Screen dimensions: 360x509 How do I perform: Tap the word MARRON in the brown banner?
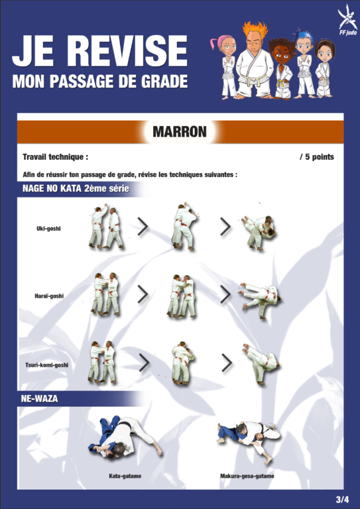pyautogui.click(x=180, y=132)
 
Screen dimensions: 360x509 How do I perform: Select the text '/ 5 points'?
pyautogui.click(x=317, y=157)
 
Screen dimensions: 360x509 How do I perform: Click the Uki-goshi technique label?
pyautogui.click(x=48, y=229)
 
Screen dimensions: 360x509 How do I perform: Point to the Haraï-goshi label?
pyautogui.click(x=49, y=296)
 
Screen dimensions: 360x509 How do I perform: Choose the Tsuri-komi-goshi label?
pyautogui.click(x=47, y=365)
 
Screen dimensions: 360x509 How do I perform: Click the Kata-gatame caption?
pyautogui.click(x=125, y=477)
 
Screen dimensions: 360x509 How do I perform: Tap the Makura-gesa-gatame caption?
pyautogui.click(x=247, y=477)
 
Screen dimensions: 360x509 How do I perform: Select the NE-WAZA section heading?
pyautogui.click(x=39, y=398)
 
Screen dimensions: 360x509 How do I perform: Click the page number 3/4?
pyautogui.click(x=342, y=499)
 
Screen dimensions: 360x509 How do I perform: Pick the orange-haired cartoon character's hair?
pyautogui.click(x=255, y=30)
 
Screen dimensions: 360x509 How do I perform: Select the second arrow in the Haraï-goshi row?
pyautogui.click(x=225, y=295)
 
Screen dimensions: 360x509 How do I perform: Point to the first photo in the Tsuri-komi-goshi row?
pyautogui.click(x=101, y=362)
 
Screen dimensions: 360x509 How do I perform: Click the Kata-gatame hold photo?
pyautogui.click(x=125, y=437)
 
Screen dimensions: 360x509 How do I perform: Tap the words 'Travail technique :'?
pyautogui.click(x=56, y=157)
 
